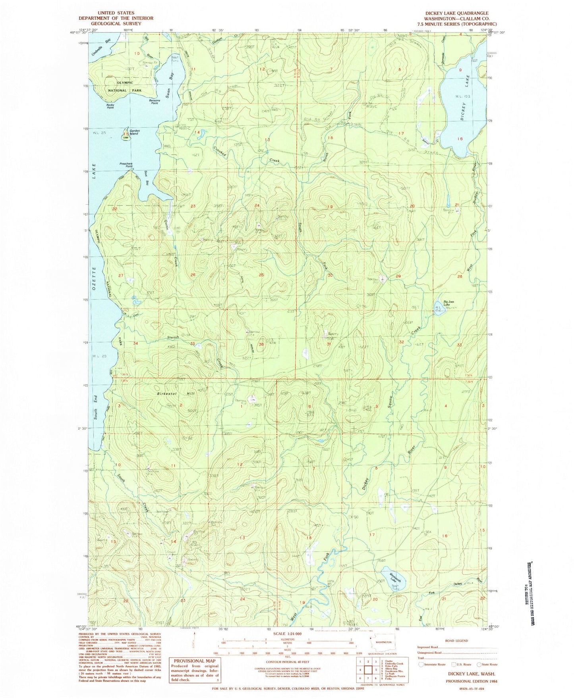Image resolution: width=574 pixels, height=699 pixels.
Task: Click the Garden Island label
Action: click(x=134, y=133)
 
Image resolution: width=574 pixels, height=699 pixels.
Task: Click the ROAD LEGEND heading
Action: click(x=456, y=640)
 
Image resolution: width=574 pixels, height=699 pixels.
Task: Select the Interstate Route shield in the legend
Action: click(x=421, y=664)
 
